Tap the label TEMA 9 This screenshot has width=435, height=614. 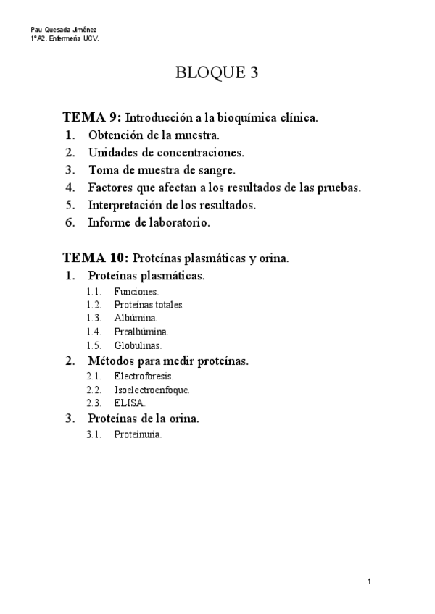92,117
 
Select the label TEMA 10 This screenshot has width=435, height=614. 95,258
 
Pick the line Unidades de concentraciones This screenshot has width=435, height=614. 166,152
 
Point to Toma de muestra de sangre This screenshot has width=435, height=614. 162,170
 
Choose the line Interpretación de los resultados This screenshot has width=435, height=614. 172,205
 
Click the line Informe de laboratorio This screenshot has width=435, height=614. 149,223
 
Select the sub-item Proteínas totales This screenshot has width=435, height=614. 149,305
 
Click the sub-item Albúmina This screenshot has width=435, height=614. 135,318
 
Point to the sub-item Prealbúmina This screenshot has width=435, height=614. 141,332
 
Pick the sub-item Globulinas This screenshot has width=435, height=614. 137,345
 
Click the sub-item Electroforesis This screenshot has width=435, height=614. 144,377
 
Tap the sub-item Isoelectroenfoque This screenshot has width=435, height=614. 152,390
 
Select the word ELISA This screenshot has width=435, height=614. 129,403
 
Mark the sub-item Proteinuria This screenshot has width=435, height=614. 138,435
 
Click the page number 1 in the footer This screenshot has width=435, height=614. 369,581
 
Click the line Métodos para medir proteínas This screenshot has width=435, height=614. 168,361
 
